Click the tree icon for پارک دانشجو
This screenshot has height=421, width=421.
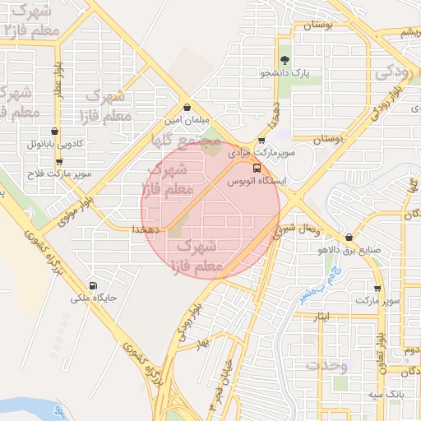coord(285,59)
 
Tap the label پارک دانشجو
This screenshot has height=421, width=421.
coord(285,73)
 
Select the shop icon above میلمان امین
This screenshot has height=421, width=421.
coord(187,107)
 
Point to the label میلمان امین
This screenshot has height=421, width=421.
coord(187,120)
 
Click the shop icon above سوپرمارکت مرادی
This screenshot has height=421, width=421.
coord(261,140)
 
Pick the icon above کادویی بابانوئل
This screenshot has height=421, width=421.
coord(55,131)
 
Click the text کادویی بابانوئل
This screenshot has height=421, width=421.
coord(55,144)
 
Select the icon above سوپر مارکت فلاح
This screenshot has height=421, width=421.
coord(55,161)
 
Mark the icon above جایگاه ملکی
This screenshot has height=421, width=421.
coord(93,285)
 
